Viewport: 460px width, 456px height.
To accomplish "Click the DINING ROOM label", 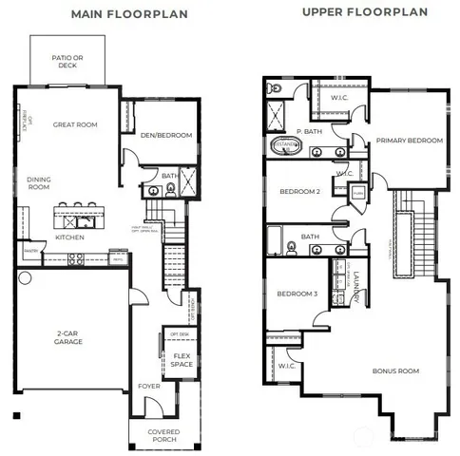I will click(39, 182).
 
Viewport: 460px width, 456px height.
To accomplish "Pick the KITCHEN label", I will click(70, 237).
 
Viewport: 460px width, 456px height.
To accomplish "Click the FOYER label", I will click(148, 386).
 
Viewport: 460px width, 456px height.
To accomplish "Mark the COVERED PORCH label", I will click(164, 436).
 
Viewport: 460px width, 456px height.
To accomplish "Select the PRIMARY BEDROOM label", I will click(409, 141).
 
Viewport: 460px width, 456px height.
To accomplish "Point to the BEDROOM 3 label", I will click(296, 294).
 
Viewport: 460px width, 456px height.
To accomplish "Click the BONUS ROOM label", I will click(395, 370).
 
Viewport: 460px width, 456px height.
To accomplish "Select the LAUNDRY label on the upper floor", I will click(353, 286).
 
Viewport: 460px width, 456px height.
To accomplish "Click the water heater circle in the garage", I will click(25, 278).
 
